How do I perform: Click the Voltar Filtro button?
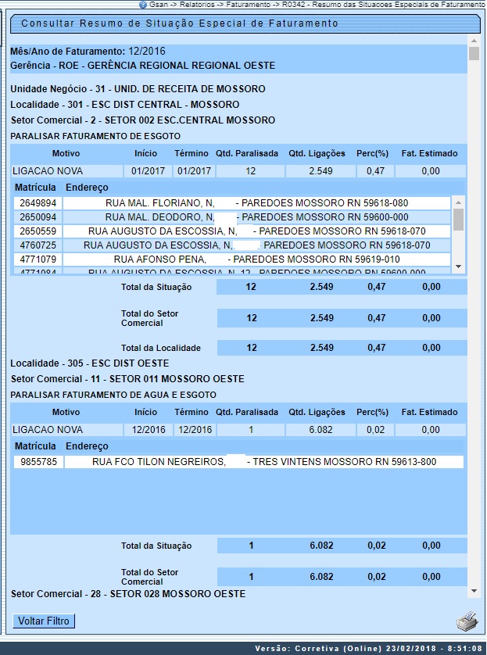[44, 621]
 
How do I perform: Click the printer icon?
[467, 622]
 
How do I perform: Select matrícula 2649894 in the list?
[37, 203]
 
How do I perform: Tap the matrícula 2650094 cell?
[37, 217]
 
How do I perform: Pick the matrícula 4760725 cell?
[37, 245]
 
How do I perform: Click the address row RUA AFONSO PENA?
[256, 259]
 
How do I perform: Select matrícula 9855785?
[37, 462]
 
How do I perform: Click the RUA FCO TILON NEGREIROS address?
[263, 462]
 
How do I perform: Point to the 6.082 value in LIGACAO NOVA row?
[321, 430]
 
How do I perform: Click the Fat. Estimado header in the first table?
[429, 153]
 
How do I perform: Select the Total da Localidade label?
[161, 348]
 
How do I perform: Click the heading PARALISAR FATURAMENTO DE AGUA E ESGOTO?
[113, 395]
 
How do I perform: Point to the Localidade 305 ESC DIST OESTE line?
[89, 363]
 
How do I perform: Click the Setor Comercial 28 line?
[127, 594]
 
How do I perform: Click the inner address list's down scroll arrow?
[459, 267]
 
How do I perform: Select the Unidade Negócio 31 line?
[138, 89]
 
